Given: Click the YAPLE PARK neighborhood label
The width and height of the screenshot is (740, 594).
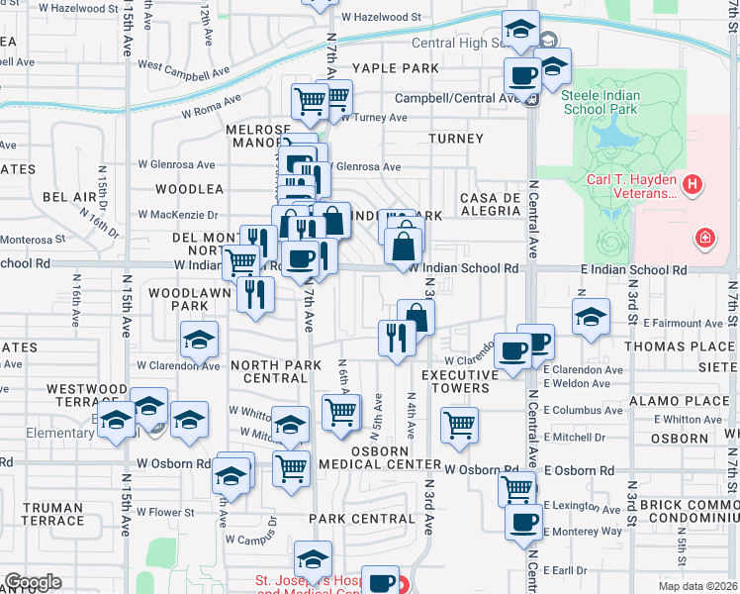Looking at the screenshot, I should tap(394, 68).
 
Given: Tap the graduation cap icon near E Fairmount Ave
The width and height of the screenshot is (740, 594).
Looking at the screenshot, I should tap(590, 317).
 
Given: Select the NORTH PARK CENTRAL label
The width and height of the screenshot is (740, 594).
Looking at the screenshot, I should tap(276, 371).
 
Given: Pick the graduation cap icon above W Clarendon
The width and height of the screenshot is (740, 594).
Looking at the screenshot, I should tap(200, 341).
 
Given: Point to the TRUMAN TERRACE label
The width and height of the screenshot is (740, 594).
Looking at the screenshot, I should tap(52, 514).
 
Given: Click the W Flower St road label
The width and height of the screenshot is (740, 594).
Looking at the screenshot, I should tap(164, 513).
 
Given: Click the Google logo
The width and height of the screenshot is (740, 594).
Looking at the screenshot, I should tap(33, 582).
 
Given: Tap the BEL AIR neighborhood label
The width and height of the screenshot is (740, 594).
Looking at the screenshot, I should tap(69, 197).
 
